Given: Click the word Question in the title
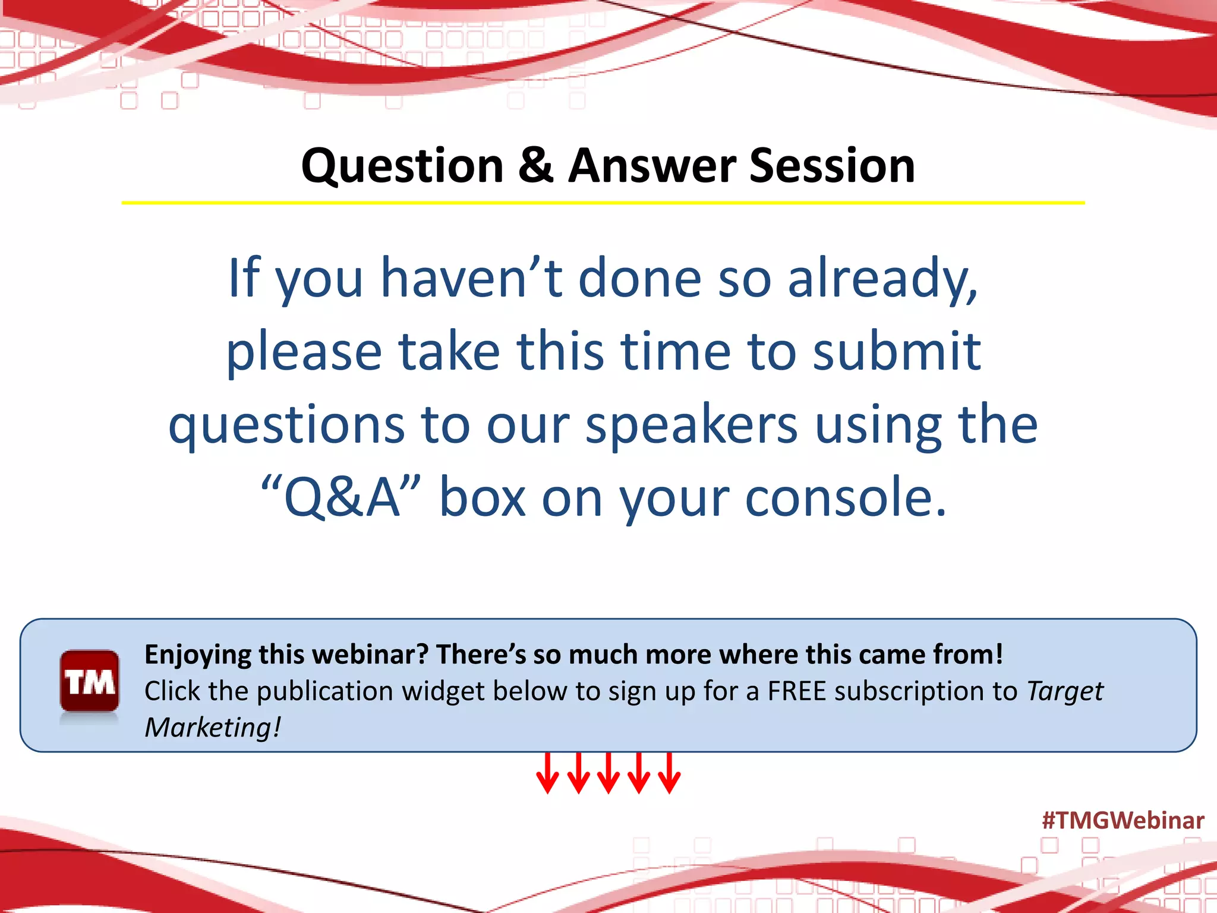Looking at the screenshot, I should click(x=402, y=167).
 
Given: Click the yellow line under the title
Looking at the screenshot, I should click(x=603, y=203).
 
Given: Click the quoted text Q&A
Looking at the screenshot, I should click(x=342, y=498).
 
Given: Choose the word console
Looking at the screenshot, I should click(x=845, y=498).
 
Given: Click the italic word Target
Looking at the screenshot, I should click(x=1065, y=691).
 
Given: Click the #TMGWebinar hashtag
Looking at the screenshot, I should click(x=1123, y=820).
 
